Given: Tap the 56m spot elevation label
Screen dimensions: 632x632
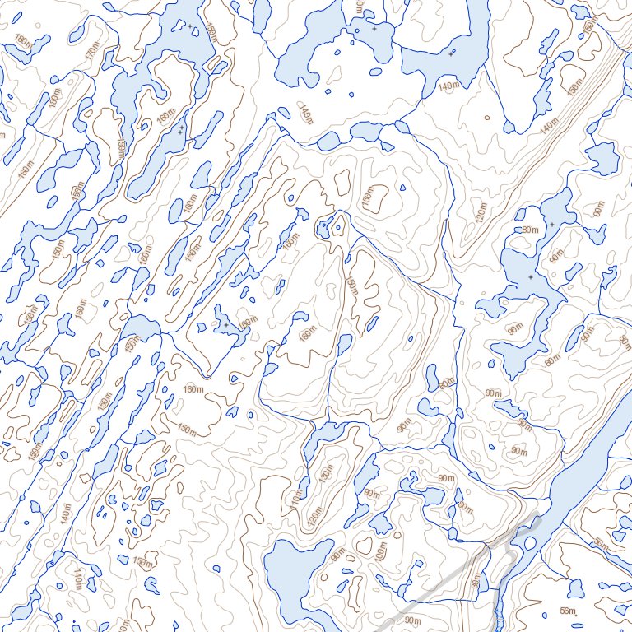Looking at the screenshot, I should tap(566, 610).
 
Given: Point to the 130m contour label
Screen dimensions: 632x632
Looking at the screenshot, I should tap(327, 476).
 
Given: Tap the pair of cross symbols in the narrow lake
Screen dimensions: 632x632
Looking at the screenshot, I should tap(180, 129).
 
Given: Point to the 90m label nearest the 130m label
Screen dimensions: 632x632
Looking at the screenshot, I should tap(372, 494).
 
